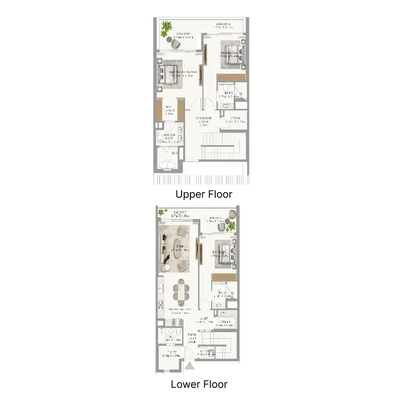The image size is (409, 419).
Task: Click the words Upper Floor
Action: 203,194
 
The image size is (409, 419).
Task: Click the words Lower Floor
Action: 199,384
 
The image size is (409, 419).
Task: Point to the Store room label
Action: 235,120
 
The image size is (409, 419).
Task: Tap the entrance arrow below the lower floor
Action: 190,365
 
